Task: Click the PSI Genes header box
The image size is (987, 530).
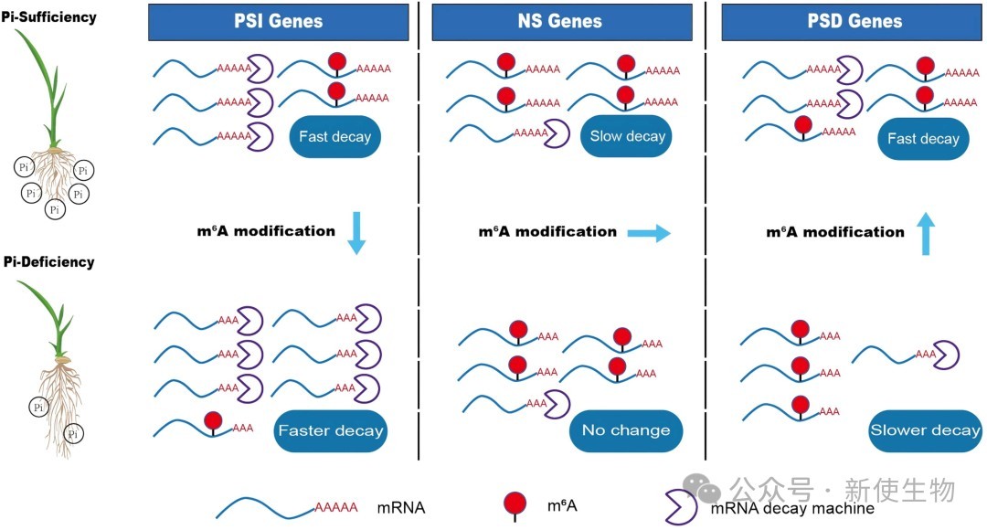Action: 278,22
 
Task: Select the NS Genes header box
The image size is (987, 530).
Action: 561,22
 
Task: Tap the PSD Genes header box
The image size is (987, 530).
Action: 854,22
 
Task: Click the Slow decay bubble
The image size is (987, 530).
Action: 627,136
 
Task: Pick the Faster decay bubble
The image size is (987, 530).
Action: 331,430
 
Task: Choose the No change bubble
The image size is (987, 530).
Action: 626,430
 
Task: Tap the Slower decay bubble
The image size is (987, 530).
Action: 925,430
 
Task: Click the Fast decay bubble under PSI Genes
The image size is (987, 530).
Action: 334,136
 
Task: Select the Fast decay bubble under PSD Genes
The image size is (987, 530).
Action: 923,139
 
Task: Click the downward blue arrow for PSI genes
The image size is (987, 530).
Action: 357,233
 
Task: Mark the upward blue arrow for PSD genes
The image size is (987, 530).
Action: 925,234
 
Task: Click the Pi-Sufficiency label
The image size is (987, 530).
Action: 49,17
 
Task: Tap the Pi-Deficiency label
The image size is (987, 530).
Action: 49,262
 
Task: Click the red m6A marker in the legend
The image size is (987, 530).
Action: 515,503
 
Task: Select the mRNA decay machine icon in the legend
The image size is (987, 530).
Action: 681,507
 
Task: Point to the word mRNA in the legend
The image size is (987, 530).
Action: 401,507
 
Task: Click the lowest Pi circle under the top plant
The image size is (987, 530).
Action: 55,209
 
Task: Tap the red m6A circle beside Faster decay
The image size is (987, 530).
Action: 213,420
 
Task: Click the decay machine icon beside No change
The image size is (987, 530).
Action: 557,404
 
